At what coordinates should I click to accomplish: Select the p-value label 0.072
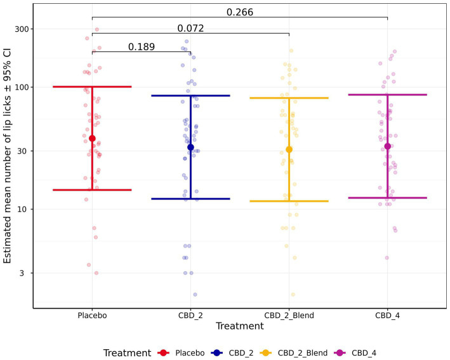click(190, 28)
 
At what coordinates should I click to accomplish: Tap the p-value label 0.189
click(141, 46)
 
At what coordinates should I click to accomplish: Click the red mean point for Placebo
click(92, 138)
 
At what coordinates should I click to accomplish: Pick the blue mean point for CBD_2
click(190, 147)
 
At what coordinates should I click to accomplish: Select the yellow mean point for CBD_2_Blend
click(289, 150)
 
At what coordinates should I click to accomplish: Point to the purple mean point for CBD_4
click(387, 147)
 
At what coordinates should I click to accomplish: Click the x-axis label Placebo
click(92, 316)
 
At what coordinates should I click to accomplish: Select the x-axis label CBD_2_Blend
click(289, 316)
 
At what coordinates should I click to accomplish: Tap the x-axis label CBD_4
click(387, 316)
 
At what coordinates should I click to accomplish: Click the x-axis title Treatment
click(239, 326)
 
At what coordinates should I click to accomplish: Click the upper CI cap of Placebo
click(92, 86)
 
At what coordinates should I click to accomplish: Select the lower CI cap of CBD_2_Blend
click(289, 201)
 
